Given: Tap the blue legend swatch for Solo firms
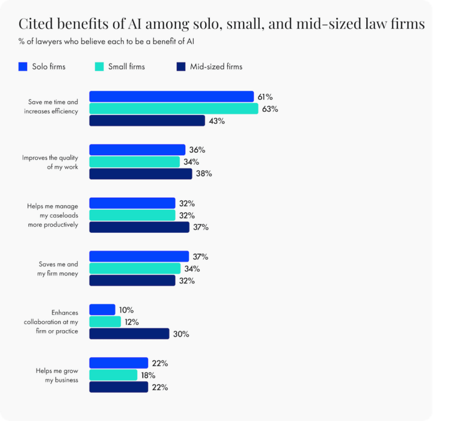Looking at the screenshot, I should pyautogui.click(x=23, y=67).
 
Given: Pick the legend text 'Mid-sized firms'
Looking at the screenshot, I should pyautogui.click(x=216, y=67).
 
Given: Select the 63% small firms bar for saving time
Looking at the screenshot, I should pyautogui.click(x=174, y=109).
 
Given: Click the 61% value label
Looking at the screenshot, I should pyautogui.click(x=265, y=97).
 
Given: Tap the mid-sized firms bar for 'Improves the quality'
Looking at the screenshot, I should pyautogui.click(x=141, y=174).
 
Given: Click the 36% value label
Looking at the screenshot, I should pyautogui.click(x=197, y=150).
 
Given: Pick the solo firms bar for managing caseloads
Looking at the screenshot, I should pyautogui.click(x=132, y=203).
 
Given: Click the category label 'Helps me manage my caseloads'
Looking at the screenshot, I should pyautogui.click(x=52, y=215).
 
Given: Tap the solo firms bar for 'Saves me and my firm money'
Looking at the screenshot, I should pyautogui.click(x=139, y=257).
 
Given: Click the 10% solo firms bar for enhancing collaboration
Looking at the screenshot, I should pyautogui.click(x=102, y=310).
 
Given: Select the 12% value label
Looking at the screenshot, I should pyautogui.click(x=132, y=322).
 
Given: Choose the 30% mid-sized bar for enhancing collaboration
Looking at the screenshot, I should pyautogui.click(x=129, y=334).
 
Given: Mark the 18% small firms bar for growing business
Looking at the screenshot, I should pyautogui.click(x=113, y=375).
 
